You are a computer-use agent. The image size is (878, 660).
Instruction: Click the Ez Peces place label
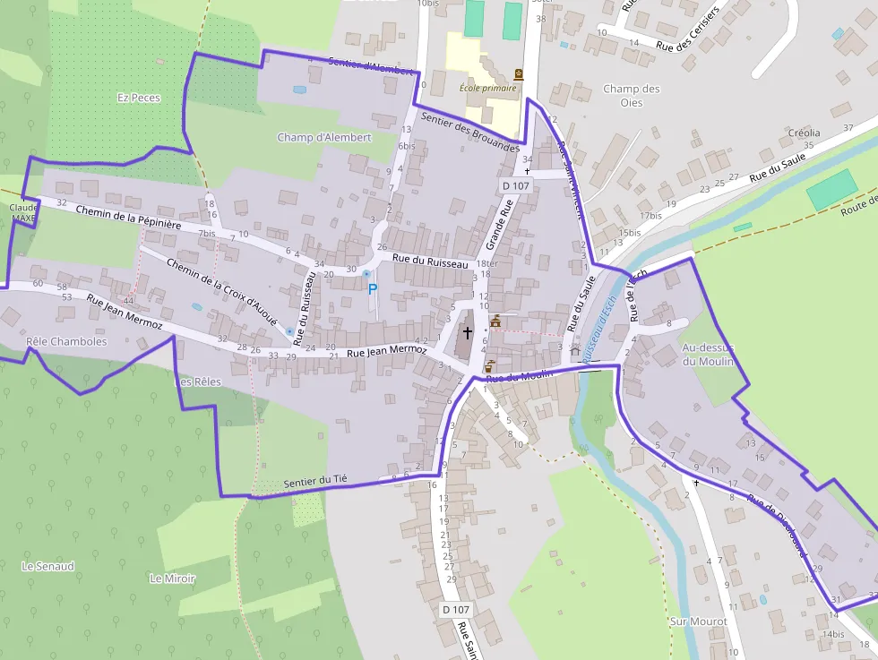(139, 97)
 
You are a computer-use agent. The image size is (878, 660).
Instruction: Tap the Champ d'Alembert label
(324, 137)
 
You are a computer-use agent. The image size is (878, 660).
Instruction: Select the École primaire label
(487, 88)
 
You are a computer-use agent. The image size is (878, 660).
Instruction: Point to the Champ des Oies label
(632, 95)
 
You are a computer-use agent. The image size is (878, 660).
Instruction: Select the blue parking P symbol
(373, 288)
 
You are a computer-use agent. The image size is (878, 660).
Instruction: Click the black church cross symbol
(467, 333)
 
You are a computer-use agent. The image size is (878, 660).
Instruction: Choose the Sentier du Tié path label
(314, 482)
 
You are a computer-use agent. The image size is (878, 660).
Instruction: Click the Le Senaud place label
(48, 566)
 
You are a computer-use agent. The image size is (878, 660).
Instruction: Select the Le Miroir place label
(173, 579)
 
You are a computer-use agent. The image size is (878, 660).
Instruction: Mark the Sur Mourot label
(698, 621)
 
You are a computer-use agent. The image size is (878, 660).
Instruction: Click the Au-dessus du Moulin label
(708, 354)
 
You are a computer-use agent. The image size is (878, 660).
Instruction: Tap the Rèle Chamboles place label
(66, 341)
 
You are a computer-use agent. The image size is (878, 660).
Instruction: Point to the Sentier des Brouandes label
(469, 132)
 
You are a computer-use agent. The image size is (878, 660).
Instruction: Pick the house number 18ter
(487, 263)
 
